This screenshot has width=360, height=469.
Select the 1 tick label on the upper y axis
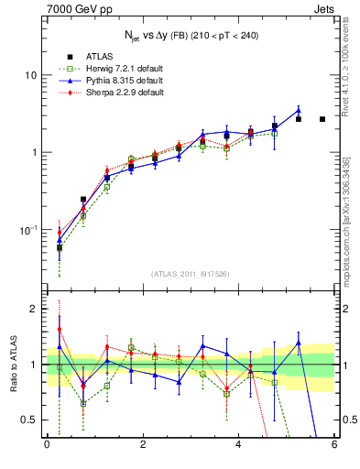37,152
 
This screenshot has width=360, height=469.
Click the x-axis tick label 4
238,446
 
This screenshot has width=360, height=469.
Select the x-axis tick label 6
334,446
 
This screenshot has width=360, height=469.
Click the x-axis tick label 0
47,446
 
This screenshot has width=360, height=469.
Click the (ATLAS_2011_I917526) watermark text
191,274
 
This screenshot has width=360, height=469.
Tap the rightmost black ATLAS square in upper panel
322,119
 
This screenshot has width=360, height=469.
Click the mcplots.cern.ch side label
347,229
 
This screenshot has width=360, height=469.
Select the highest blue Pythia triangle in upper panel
299,111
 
